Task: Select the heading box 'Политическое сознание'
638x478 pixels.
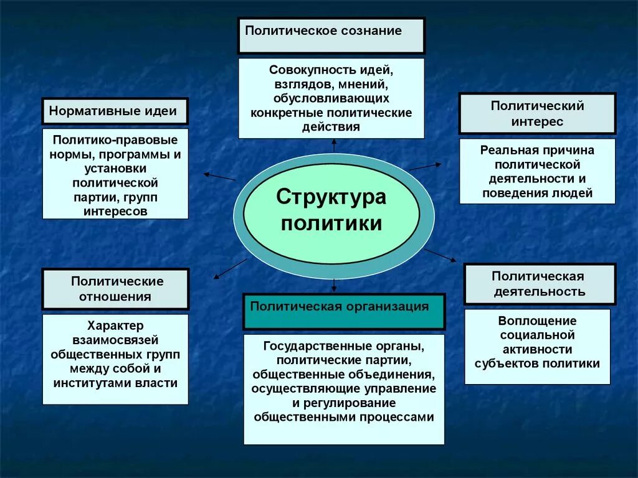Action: coord(331,35)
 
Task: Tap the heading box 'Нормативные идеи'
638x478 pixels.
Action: coord(115,111)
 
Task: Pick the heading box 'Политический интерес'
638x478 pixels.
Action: coord(537,113)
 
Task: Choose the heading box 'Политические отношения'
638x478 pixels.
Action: coord(115,289)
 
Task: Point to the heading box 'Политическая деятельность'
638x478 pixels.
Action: coord(540,284)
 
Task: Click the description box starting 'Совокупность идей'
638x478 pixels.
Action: coord(331,98)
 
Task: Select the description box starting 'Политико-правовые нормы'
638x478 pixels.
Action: coord(115,174)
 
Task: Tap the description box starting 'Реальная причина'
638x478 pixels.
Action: coord(537,171)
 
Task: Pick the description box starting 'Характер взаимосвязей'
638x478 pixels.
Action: coord(115,359)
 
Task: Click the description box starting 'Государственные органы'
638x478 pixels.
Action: coord(344,389)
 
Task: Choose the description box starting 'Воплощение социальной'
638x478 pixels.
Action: coord(537,346)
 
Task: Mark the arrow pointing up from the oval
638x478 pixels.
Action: coord(334,146)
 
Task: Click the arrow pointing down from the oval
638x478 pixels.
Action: coord(335,286)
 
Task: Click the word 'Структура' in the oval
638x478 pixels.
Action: coord(331,197)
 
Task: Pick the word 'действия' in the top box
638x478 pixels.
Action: coord(331,126)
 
